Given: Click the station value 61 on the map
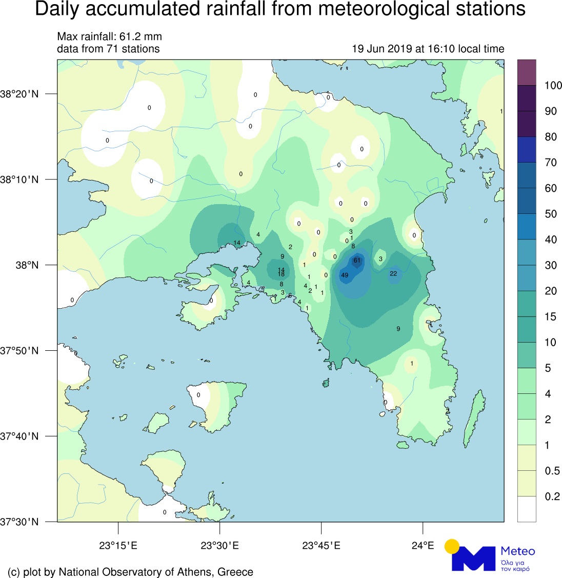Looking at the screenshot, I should [357, 261].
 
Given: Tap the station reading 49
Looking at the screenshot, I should [345, 275].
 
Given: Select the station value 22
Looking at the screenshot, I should [393, 273].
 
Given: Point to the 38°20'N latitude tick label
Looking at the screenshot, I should [20, 94].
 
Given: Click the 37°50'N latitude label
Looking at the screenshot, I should [20, 351].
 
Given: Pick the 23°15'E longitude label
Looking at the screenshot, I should [118, 545].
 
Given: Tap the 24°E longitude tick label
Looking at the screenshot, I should [423, 545].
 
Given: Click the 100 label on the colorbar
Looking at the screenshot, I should [553, 86].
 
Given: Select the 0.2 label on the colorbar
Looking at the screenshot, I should [552, 496].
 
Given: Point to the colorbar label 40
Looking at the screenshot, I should [551, 240].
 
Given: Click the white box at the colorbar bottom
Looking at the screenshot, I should [527, 509].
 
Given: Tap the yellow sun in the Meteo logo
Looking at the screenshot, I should [452, 546].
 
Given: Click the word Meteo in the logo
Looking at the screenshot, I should [517, 551].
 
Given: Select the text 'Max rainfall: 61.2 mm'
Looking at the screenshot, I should [109, 37].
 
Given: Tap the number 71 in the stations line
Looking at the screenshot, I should [112, 49].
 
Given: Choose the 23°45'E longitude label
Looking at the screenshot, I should [321, 545].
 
